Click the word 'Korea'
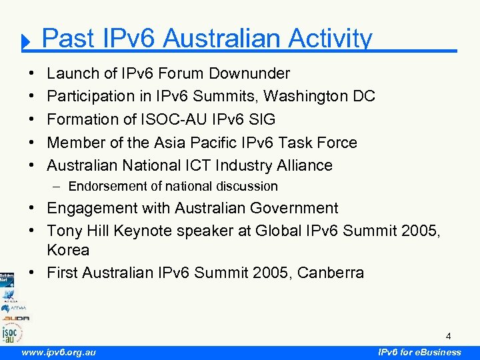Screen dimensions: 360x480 [x=68, y=250]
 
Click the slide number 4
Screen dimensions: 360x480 [x=449, y=335]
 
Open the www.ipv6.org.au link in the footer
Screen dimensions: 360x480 [x=59, y=352]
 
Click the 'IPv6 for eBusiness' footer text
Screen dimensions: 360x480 [x=419, y=352]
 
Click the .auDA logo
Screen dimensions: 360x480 [x=15, y=318]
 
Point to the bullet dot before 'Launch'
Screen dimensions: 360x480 [x=33, y=73]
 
